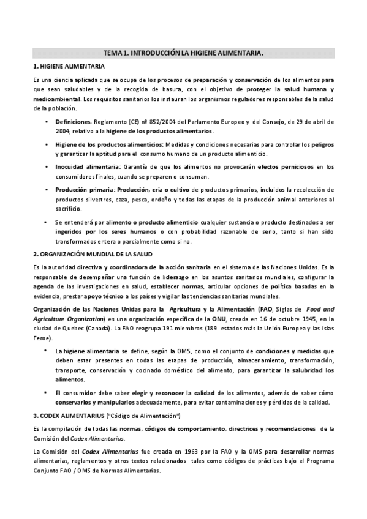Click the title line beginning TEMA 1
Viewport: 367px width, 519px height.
183,53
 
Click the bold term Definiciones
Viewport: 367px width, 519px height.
74,122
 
